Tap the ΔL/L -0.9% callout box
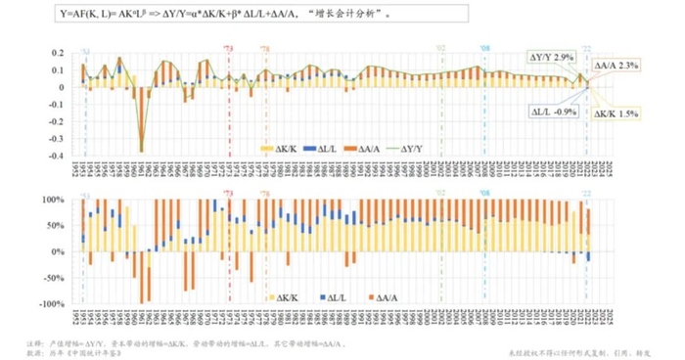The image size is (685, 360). [551, 112]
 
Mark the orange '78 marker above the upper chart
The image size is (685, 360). [264, 47]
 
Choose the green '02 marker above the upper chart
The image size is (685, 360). [440, 47]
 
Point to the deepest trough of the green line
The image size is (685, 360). [142, 151]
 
